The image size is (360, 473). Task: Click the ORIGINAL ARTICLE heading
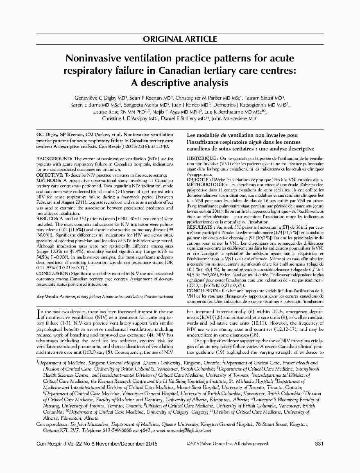180,39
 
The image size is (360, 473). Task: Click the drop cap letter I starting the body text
38,314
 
